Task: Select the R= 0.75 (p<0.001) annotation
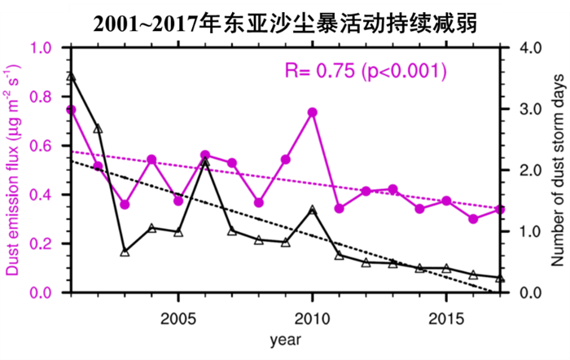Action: point(366,71)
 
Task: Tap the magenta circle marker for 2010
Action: point(312,112)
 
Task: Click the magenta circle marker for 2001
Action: point(71,109)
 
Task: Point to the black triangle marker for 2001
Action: point(71,77)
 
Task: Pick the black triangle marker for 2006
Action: point(205,163)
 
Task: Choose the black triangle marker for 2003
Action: point(125,252)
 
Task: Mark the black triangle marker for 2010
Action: point(312,210)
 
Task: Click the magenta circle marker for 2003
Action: point(125,204)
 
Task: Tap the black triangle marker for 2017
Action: point(500,278)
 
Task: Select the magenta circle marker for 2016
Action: point(473,219)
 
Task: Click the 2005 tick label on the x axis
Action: point(178,315)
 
